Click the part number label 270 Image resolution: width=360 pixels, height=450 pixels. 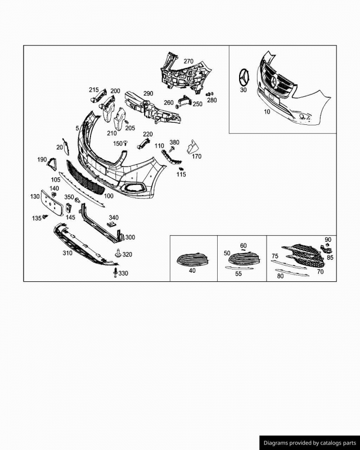[x=188, y=61]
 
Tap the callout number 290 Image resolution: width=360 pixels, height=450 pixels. [x=148, y=93]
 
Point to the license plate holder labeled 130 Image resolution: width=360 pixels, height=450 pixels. [x=52, y=203]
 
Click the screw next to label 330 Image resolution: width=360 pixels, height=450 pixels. [x=115, y=272]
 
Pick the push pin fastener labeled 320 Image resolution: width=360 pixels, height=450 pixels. [x=118, y=253]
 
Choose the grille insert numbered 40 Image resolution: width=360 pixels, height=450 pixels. [x=191, y=260]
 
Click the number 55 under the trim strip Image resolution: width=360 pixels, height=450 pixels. [x=238, y=274]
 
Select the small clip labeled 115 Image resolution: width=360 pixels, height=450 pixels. [x=181, y=169]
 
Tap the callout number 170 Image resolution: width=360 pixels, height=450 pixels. [x=197, y=156]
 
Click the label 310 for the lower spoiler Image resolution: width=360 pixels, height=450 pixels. [x=67, y=253]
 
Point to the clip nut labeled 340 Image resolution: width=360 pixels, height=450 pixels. [x=112, y=224]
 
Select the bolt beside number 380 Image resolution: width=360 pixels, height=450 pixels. [x=172, y=149]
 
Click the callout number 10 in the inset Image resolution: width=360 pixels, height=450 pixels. [x=267, y=111]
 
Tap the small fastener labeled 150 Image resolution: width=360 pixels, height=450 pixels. [x=125, y=143]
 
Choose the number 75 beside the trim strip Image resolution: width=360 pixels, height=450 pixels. [x=274, y=256]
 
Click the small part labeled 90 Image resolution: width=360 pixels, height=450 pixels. [x=327, y=245]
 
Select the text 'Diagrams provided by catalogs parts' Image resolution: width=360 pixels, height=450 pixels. [x=309, y=443]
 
